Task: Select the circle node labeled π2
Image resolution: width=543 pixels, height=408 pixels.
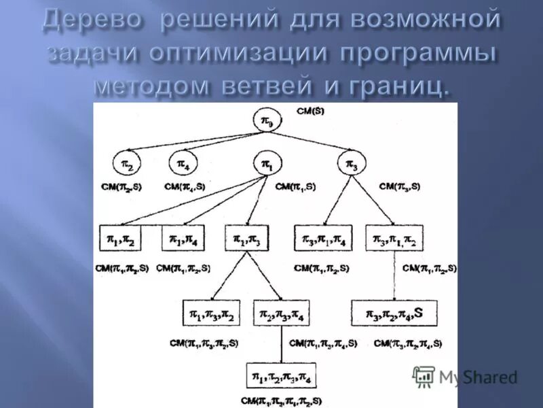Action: coord(127,164)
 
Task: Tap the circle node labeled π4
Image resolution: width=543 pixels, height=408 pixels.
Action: coord(183,164)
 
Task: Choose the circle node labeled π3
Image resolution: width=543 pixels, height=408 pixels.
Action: coord(352,164)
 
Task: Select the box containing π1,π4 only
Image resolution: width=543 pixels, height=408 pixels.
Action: coord(183,238)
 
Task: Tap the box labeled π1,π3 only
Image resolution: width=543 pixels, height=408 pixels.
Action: coord(247,238)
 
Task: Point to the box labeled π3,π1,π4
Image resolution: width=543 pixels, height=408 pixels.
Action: coord(323,238)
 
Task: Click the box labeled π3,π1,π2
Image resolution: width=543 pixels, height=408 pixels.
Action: coord(394,238)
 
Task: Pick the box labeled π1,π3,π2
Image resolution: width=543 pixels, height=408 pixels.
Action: coord(211,313)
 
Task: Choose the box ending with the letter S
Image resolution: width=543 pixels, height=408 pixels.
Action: coord(394,313)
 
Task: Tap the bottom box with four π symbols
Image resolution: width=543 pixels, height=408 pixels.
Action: coord(280,375)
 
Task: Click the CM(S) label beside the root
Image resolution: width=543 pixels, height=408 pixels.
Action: coord(309,111)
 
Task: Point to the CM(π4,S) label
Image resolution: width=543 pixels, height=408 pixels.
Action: coord(185,186)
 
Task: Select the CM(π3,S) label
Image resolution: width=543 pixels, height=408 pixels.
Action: coord(399,186)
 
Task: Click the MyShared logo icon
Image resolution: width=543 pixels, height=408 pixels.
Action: coord(424,376)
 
